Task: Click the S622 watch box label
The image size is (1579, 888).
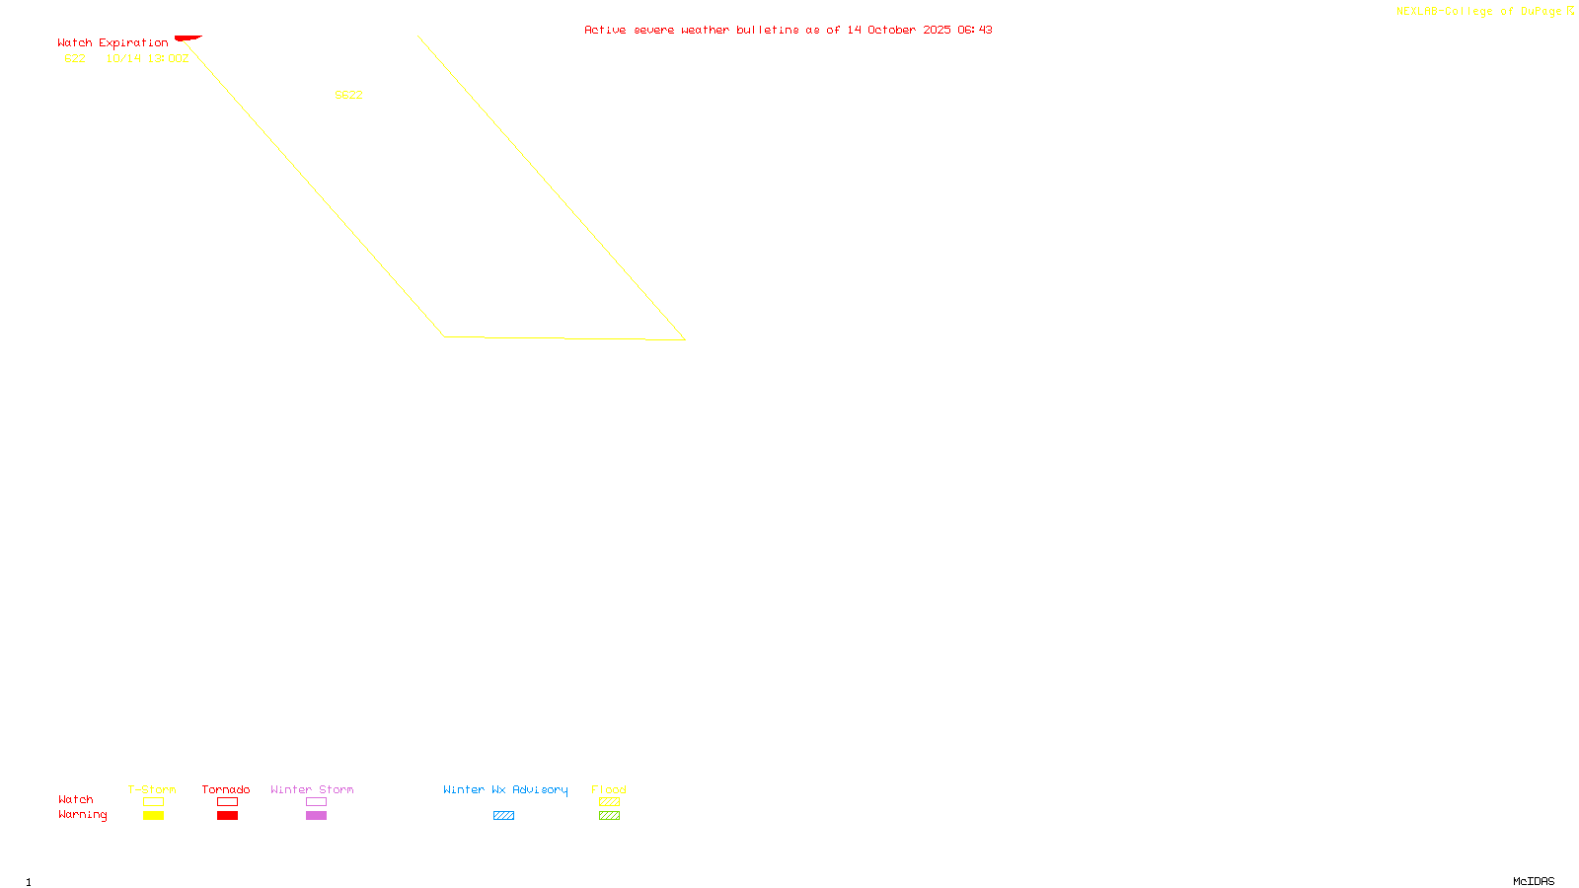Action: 348,95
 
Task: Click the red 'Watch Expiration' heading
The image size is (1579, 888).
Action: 113,43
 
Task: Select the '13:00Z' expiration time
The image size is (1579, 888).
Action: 168,59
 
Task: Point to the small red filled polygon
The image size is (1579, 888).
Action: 188,38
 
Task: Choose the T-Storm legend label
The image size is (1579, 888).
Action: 152,789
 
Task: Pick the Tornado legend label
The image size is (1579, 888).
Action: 226,789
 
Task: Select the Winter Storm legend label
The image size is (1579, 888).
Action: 312,789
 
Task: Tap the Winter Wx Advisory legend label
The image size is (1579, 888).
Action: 505,789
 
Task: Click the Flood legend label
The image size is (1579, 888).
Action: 609,789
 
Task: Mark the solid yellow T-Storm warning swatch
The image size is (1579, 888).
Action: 153,816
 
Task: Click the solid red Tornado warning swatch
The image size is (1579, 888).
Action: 227,816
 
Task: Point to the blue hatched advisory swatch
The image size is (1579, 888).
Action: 503,816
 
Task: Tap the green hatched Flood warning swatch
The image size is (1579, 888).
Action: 609,816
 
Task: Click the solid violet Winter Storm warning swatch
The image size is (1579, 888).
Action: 316,816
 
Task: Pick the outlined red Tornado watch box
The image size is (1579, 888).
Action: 227,802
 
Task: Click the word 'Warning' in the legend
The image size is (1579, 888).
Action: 82,815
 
